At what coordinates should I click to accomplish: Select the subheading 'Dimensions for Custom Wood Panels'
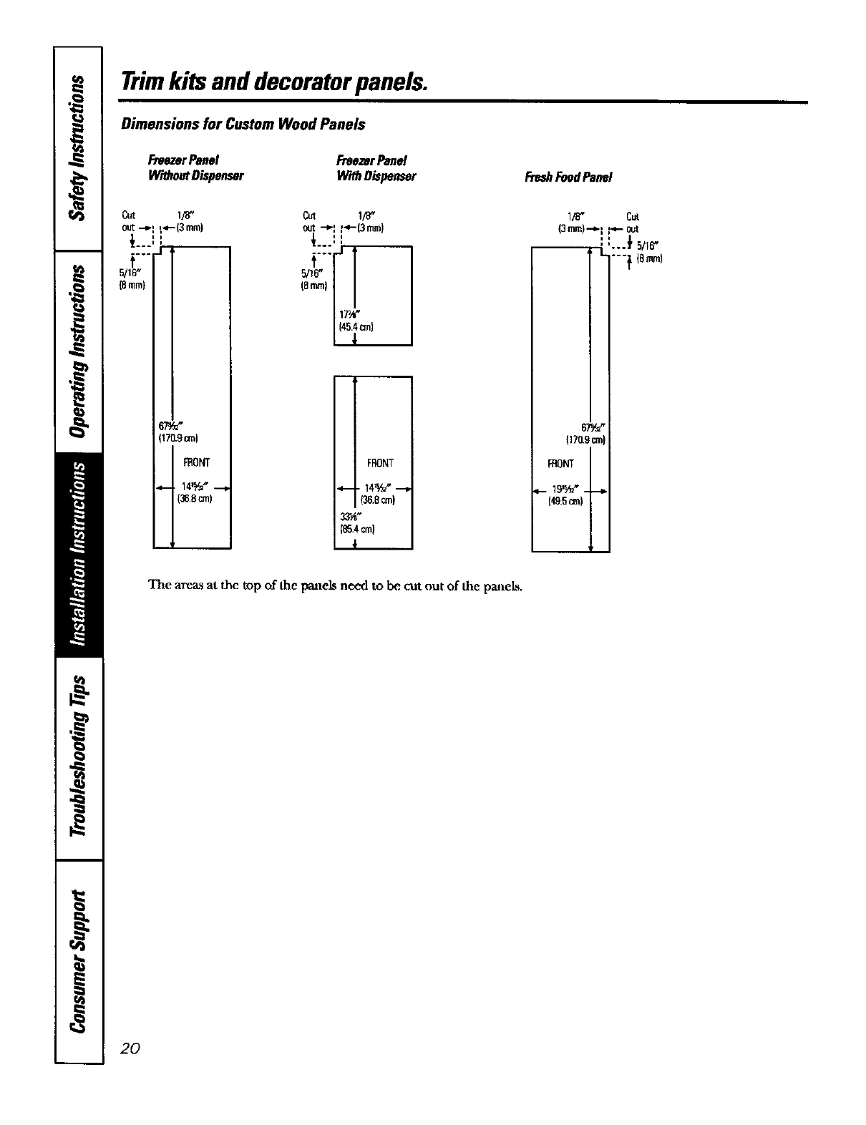coord(243,125)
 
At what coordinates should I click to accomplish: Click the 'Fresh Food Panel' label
coord(568,177)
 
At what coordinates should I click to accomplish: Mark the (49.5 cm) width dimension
coord(566,501)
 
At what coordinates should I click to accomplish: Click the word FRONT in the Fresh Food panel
coord(560,464)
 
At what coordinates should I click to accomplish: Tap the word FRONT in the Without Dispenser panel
coord(196,462)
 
